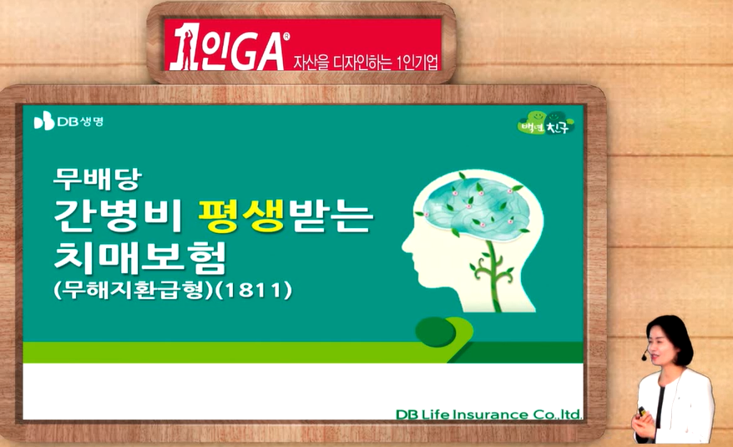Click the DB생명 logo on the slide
68,121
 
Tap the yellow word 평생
241,216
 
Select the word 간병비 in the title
118,216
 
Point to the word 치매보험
140,257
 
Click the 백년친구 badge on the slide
545,123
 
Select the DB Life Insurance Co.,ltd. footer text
488,414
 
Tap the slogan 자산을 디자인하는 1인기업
366,62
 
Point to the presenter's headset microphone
645,357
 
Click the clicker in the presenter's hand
642,411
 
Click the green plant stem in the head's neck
492,277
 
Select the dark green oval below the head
435,332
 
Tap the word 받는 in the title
331,216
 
